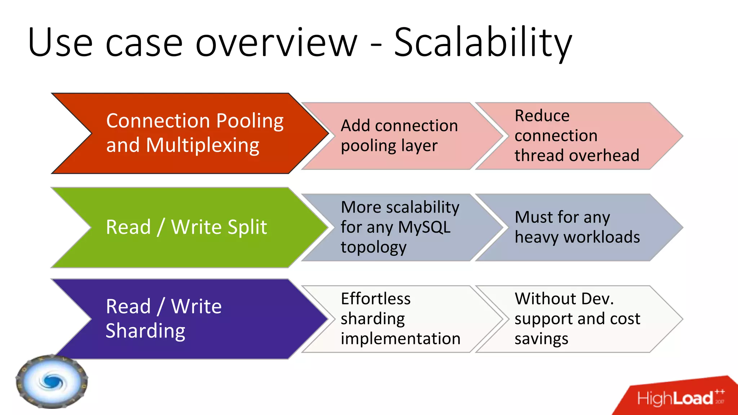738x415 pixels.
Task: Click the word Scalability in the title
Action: (x=483, y=43)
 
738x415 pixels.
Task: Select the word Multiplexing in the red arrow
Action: (x=203, y=145)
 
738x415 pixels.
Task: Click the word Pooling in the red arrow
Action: (x=250, y=121)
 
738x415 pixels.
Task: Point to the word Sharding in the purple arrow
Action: (x=146, y=331)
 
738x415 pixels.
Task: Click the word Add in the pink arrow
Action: (x=355, y=126)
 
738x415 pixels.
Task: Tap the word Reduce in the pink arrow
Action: (x=542, y=116)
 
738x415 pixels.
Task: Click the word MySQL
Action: (x=424, y=227)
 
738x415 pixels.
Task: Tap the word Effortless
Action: (x=375, y=299)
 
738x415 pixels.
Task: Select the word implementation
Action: (x=400, y=339)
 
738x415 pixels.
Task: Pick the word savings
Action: (x=541, y=339)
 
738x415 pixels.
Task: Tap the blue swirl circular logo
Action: (x=52, y=381)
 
